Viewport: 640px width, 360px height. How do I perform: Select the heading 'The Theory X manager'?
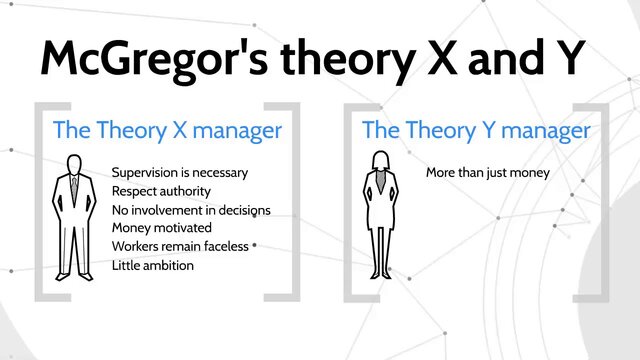coord(167,130)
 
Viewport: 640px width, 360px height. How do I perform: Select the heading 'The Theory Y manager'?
coord(475,130)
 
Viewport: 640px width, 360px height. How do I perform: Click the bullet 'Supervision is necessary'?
coord(180,172)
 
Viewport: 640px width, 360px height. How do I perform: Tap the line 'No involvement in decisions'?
coord(191,210)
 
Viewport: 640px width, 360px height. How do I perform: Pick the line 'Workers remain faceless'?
coord(180,247)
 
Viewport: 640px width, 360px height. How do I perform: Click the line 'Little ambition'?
coord(153,266)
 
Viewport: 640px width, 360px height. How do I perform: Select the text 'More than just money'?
coord(488,172)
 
